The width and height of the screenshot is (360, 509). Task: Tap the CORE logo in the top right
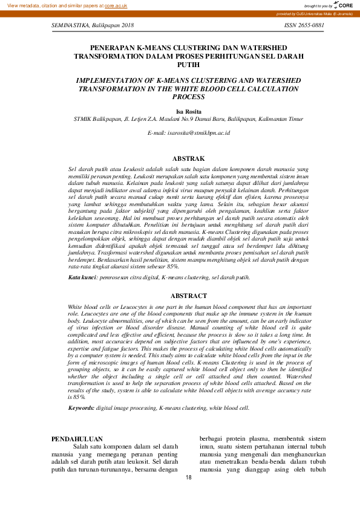[344, 5]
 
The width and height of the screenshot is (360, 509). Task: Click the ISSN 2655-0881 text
[304, 26]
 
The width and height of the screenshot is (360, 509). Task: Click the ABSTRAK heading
[180, 158]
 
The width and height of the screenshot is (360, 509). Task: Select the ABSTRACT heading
[180, 296]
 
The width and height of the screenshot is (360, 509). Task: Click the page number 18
[188, 478]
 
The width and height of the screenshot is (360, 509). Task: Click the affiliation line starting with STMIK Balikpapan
[180, 120]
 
